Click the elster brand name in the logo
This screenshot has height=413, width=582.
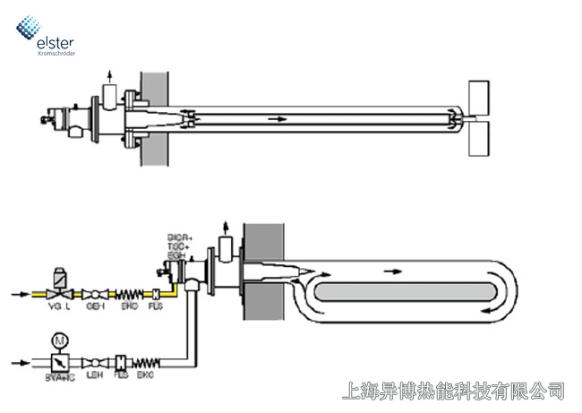point(56,41)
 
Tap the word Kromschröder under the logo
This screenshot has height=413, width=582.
point(56,54)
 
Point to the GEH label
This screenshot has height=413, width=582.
point(95,306)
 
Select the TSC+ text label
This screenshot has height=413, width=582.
point(179,245)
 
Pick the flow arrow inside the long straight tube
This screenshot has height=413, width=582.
point(278,118)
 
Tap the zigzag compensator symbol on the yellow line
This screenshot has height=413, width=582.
point(131,294)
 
